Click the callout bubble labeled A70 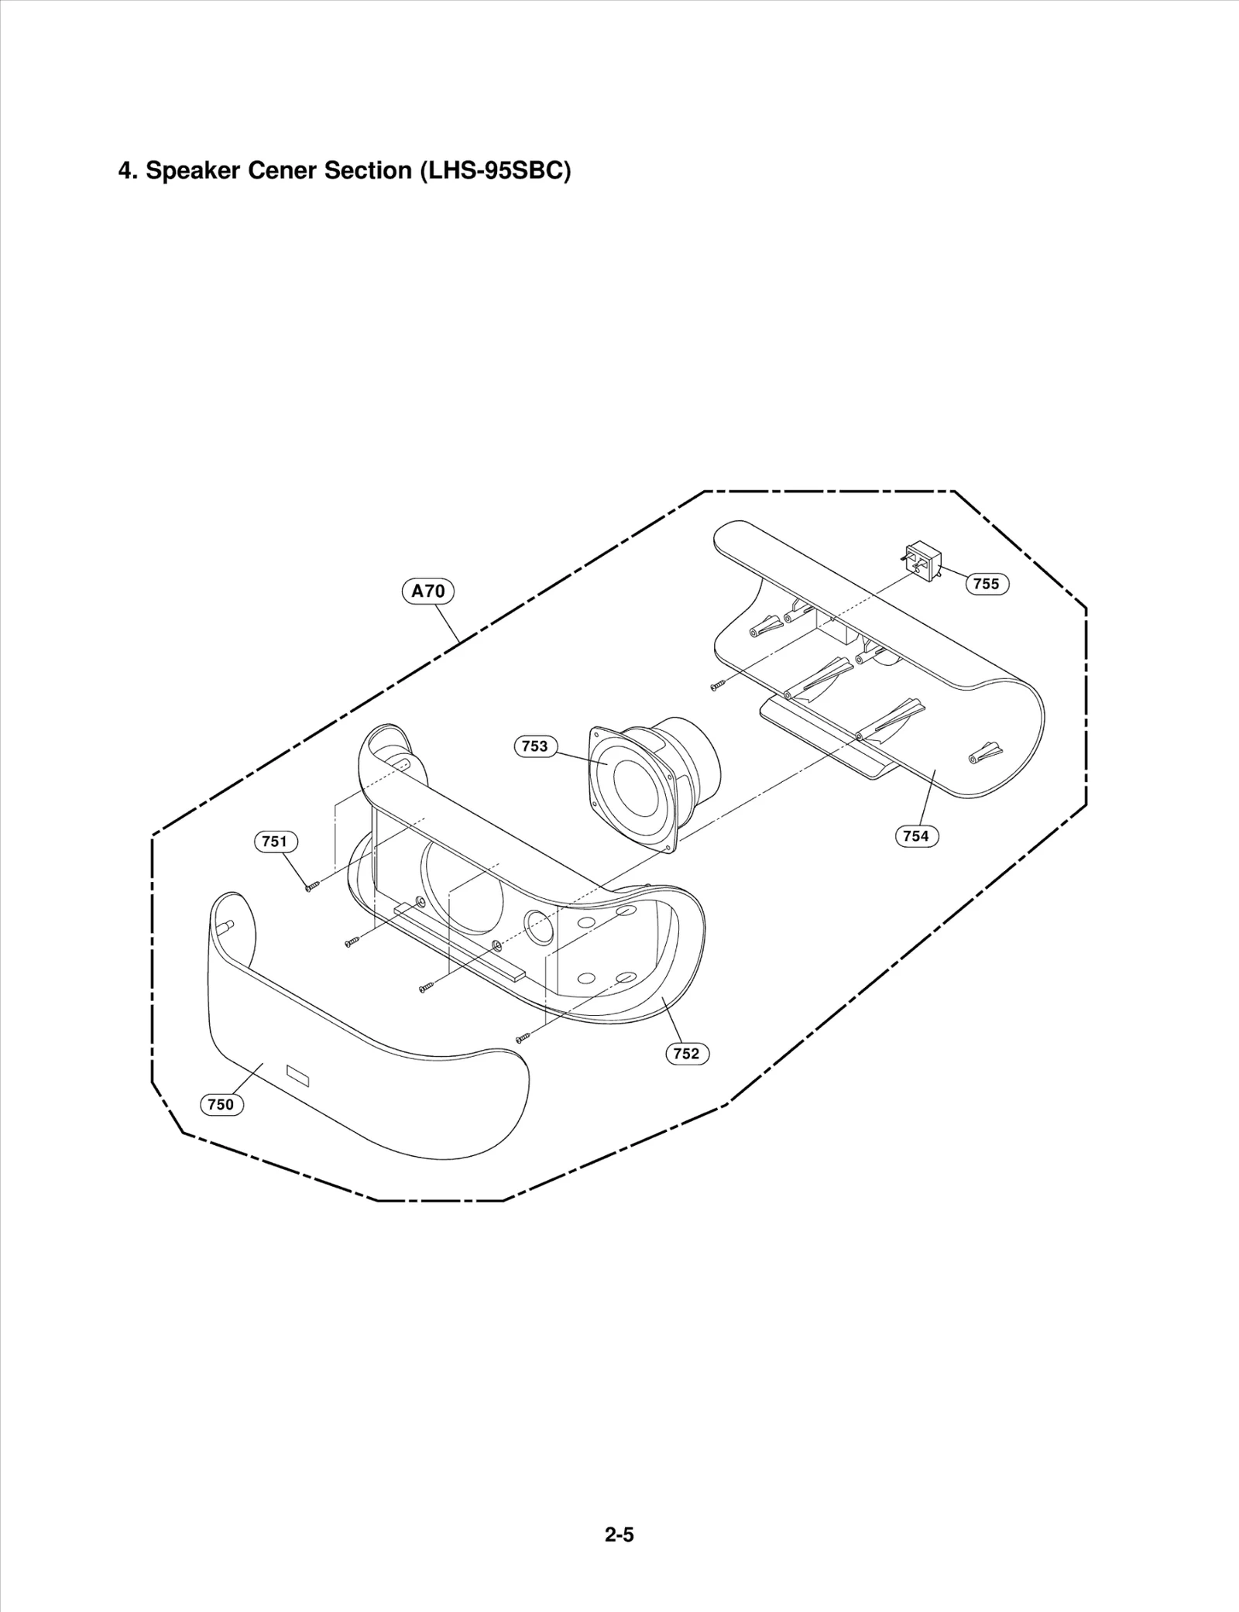coord(428,592)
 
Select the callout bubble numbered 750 coord(221,1104)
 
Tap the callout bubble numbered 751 coord(276,841)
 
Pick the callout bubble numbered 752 coord(687,1053)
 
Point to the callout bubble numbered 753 coord(535,746)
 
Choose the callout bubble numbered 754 coord(916,835)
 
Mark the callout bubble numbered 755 coord(987,584)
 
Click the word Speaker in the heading coord(193,170)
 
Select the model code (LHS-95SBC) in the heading coord(495,170)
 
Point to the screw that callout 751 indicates coord(312,887)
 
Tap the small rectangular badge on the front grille coord(297,1075)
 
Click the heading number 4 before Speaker coord(125,170)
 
